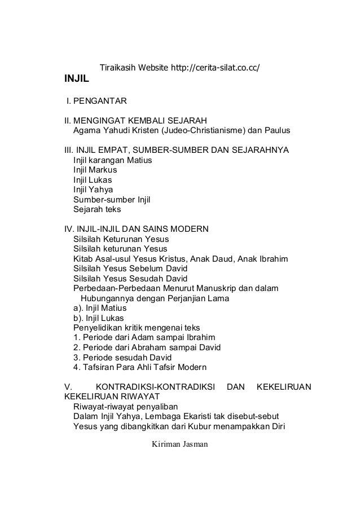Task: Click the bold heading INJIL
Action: pos(78,85)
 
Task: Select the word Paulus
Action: pos(276,131)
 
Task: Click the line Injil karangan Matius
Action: pos(113,161)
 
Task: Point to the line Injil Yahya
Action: pos(93,190)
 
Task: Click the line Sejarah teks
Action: pos(97,209)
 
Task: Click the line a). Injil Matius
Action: pos(100,308)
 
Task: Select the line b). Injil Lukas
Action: pos(100,318)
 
